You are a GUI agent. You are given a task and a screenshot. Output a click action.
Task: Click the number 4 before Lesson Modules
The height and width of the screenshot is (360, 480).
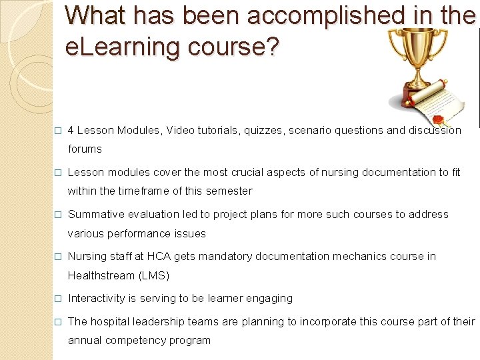pyautogui.click(x=71, y=131)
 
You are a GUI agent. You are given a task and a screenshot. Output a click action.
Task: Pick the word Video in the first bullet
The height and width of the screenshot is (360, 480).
pyautogui.click(x=181, y=131)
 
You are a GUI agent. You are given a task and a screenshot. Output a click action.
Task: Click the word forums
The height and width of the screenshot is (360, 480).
pyautogui.click(x=85, y=149)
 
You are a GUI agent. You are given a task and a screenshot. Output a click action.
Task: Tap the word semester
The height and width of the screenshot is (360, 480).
pyautogui.click(x=231, y=191)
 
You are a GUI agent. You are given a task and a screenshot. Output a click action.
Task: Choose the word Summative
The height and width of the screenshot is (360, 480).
pyautogui.click(x=95, y=215)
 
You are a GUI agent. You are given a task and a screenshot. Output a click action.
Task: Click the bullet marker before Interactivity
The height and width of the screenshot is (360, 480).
pyautogui.click(x=58, y=299)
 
